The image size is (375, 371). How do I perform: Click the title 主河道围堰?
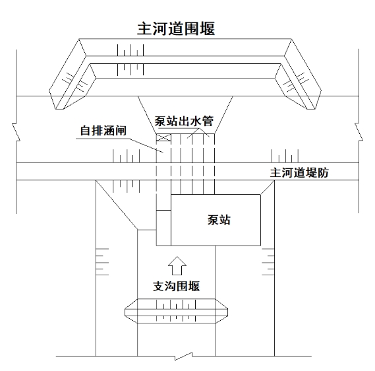click(176, 29)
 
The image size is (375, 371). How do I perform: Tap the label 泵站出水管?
click(184, 121)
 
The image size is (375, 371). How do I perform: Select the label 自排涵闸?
click(103, 131)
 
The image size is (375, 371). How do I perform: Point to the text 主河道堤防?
click(299, 173)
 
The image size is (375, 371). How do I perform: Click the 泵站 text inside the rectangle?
click(219, 220)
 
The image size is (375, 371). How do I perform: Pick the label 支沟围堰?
click(176, 287)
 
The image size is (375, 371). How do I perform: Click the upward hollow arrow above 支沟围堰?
click(177, 266)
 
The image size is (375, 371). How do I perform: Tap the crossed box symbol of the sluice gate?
click(163, 137)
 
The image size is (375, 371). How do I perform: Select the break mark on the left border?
click(16, 133)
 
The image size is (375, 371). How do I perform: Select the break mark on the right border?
click(359, 132)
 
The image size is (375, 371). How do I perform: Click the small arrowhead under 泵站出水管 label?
click(198, 133)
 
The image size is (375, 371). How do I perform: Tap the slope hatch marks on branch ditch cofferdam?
click(176, 311)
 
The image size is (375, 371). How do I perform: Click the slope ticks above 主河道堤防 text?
click(285, 156)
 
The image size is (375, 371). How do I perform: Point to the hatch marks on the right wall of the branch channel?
click(268, 262)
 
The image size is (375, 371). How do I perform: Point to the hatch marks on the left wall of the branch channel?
click(102, 262)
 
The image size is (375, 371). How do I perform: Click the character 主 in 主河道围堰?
click(144, 29)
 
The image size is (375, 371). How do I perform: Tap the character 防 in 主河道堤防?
click(323, 173)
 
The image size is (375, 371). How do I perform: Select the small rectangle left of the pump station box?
click(163, 228)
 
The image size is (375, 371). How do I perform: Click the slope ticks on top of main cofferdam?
click(130, 60)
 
